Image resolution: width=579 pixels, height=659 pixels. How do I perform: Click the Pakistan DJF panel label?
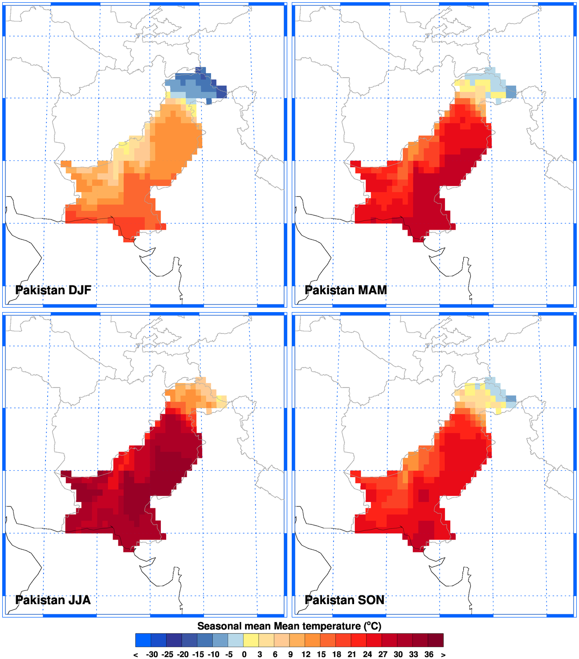[53, 290]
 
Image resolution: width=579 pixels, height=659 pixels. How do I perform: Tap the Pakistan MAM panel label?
[346, 290]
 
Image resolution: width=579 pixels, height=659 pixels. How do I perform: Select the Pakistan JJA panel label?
[53, 600]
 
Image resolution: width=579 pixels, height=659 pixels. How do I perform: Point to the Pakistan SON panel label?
[345, 600]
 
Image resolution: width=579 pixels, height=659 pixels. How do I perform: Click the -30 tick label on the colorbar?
[152, 655]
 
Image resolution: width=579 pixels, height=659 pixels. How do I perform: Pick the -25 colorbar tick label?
[167, 655]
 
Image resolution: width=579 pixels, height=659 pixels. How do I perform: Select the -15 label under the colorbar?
[198, 655]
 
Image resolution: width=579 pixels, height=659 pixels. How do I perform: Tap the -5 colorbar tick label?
[228, 655]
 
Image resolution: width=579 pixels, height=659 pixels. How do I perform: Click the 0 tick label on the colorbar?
[244, 655]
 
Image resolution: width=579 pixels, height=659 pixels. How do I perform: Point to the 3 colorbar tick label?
[260, 655]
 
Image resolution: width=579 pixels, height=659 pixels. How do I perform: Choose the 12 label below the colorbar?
[306, 655]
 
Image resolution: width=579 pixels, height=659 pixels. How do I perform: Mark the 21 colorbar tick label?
[352, 655]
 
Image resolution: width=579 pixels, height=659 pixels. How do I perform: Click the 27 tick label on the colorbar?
[383, 655]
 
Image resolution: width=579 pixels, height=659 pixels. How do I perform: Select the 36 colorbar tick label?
[429, 655]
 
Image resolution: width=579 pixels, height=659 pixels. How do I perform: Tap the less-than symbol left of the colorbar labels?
[135, 655]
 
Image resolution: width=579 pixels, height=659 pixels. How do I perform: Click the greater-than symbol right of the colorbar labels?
[443, 655]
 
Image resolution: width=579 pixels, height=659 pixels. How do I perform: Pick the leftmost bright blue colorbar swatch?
[143, 640]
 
